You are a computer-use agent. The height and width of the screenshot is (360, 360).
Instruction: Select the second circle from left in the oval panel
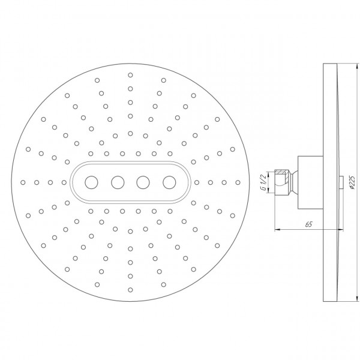tap(117, 181)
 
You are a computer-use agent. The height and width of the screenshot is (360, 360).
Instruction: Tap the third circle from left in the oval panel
tap(143, 181)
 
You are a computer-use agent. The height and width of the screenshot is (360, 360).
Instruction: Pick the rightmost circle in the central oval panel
tap(169, 181)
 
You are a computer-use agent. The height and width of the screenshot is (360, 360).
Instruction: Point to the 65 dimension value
tap(308, 224)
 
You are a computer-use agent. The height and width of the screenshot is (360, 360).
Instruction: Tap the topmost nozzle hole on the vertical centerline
tap(130, 75)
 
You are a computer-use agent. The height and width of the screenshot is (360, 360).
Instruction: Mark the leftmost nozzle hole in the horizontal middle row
tap(23, 181)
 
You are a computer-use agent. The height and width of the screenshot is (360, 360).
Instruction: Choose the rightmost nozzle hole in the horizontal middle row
tap(238, 181)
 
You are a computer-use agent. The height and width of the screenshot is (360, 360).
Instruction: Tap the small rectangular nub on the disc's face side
tap(341, 181)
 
